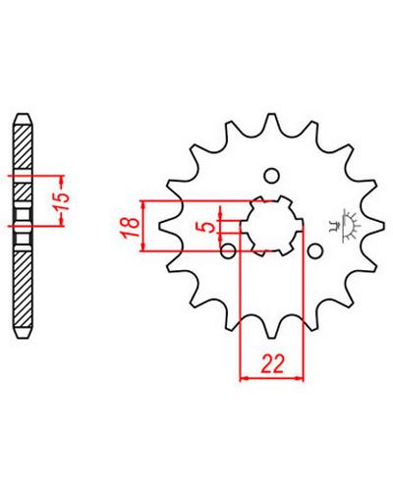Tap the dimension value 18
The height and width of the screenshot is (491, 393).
coord(130,226)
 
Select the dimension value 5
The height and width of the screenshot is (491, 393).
coord(208,226)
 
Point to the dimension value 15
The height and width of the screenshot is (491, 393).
coord(62,201)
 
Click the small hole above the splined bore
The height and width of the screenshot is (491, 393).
coord(272,176)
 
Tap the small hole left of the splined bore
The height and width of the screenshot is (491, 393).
coord(228,251)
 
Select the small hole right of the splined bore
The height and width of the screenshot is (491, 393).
coord(315,251)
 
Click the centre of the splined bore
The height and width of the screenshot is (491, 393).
coord(272,226)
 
